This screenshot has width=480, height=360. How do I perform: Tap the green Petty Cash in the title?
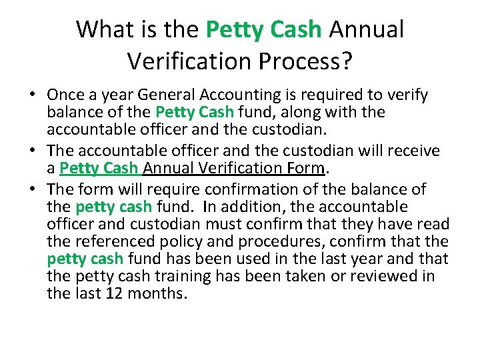pyautogui.click(x=263, y=29)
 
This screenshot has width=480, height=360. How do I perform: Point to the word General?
pyautogui.click(x=176, y=95)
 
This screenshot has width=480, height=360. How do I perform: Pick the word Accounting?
pyautogui.click(x=249, y=95)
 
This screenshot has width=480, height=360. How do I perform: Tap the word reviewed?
pyautogui.click(x=383, y=276)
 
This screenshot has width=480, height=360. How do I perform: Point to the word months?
pyautogui.click(x=161, y=293)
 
